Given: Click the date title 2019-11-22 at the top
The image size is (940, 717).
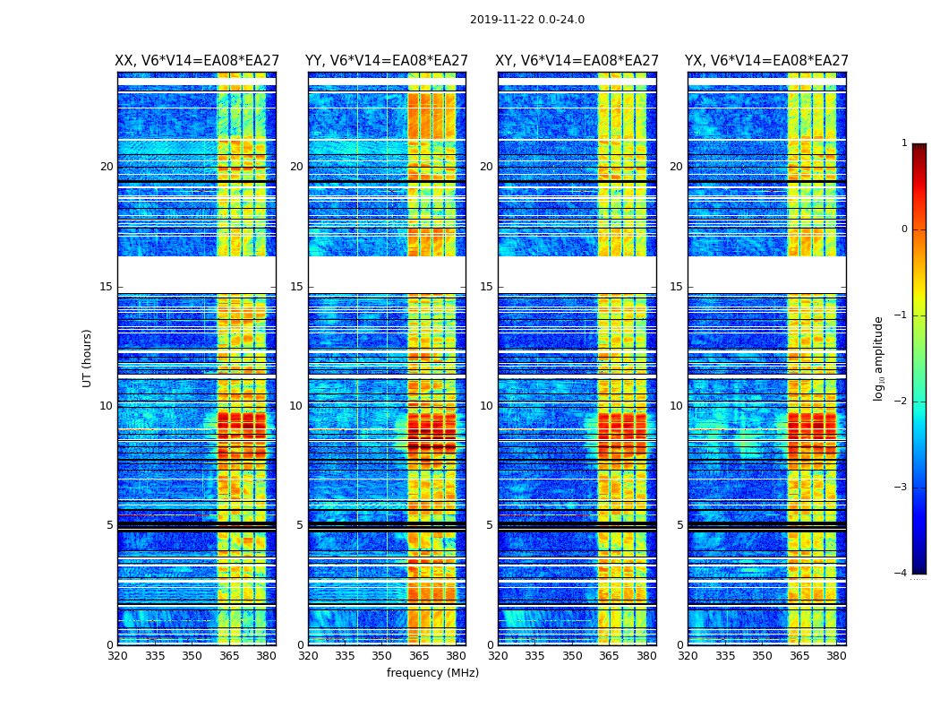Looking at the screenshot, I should (x=526, y=20).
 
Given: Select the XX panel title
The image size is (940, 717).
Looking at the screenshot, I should (x=196, y=61).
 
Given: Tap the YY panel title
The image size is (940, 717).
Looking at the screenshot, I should (x=387, y=61).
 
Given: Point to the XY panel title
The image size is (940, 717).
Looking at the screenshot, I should (x=577, y=61).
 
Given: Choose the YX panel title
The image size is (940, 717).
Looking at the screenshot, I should (x=766, y=61).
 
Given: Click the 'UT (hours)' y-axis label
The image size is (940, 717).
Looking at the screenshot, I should (x=87, y=358).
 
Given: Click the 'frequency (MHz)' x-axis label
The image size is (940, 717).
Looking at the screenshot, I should (x=432, y=673).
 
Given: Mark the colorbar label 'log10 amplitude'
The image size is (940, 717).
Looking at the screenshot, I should (x=879, y=358).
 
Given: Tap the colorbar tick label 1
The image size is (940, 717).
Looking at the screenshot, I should (x=904, y=143).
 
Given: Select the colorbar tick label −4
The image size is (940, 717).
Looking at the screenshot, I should (x=902, y=574).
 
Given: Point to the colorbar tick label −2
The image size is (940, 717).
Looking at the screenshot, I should (x=902, y=402).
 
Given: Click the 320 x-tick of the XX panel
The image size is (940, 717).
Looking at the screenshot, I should (x=117, y=656).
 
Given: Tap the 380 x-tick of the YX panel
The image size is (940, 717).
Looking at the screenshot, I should (x=836, y=656).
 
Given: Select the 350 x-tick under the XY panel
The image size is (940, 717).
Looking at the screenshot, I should (x=572, y=656).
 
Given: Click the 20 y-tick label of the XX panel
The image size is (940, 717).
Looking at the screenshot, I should (x=107, y=167).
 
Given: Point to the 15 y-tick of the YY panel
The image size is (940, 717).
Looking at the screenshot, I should (x=296, y=287).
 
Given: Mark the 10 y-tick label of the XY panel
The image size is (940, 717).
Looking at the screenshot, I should (x=486, y=406).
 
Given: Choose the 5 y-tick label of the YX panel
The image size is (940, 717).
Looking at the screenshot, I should (x=679, y=525).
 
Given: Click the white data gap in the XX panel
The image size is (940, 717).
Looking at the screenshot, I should (x=196, y=274).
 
